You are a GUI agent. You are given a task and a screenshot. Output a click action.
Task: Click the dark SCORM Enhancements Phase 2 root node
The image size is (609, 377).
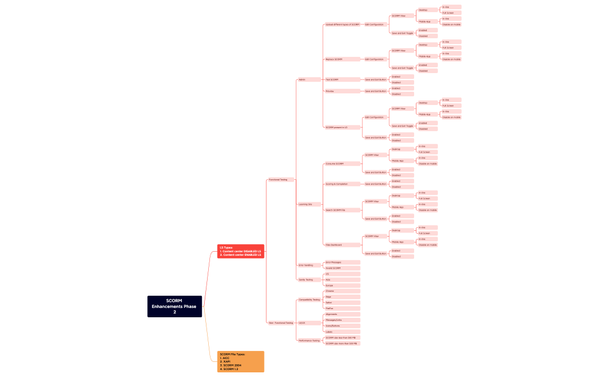(x=174, y=306)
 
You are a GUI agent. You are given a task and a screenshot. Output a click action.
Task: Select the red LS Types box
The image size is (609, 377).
(x=241, y=251)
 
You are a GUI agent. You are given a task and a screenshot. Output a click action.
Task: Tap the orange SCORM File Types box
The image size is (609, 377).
(x=241, y=361)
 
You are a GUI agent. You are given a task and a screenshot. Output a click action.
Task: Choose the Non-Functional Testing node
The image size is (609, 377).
(x=281, y=323)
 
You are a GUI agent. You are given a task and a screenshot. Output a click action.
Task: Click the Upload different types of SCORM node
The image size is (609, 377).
(x=342, y=24)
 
